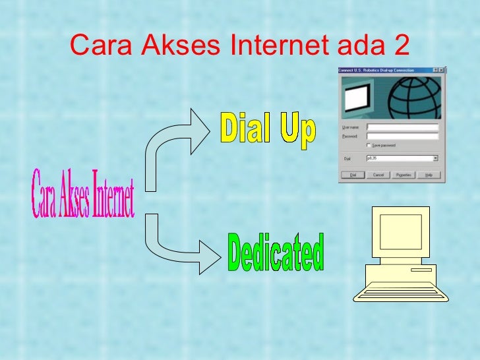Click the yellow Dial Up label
[268, 130]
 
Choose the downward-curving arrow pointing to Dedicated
[181, 241]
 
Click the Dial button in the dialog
[353, 175]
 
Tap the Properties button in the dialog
[404, 175]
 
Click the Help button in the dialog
[429, 175]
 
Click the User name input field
[402, 127]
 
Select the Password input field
[402, 136]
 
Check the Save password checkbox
[369, 145]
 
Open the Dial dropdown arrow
[436, 158]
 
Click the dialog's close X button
[442, 70]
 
